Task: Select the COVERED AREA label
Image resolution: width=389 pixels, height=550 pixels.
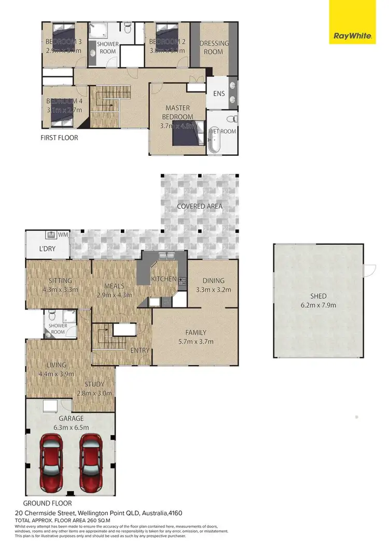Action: click(200, 206)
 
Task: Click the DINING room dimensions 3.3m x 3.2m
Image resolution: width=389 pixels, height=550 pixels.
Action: click(213, 290)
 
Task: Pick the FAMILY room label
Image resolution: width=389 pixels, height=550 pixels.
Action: click(196, 332)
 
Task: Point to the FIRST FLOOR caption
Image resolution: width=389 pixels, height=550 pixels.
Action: click(59, 138)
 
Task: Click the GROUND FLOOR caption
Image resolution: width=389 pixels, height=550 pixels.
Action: click(47, 503)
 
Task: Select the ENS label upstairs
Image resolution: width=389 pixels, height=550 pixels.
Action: click(219, 93)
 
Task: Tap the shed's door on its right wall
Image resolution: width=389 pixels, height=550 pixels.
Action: click(369, 270)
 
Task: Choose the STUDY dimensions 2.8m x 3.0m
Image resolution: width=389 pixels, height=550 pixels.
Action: click(94, 393)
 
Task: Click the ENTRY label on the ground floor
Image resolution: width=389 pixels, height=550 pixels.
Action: click(140, 351)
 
